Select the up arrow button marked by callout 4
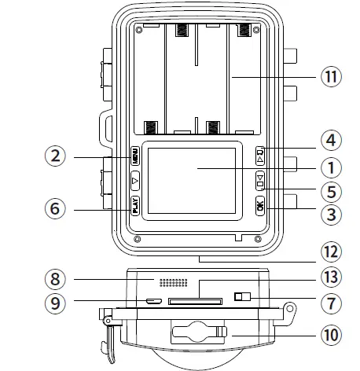tap(261, 156)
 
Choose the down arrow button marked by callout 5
tap(261, 184)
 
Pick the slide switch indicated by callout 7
tap(243, 297)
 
